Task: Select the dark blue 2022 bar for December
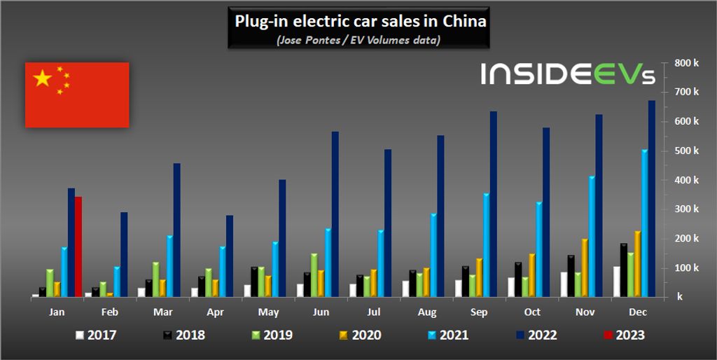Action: click(651, 199)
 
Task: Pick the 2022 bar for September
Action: click(493, 204)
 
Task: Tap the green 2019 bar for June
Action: click(314, 275)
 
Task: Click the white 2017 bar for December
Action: click(616, 281)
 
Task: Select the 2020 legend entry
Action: click(358, 335)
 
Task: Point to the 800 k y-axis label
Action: click(687, 63)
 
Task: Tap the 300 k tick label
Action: click(687, 209)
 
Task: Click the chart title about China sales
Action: click(360, 21)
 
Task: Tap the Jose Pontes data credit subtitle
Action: click(358, 40)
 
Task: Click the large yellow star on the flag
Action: click(43, 78)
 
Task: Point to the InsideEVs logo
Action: click(568, 74)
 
